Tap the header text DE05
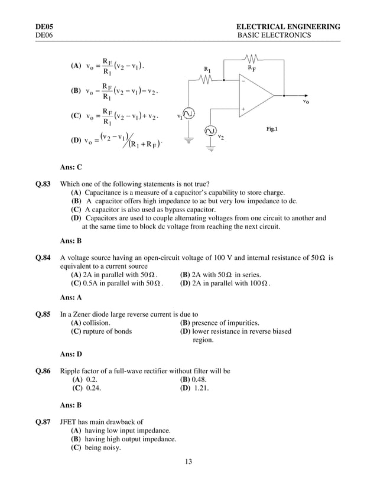[x=44, y=27]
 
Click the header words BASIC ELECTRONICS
[x=274, y=36]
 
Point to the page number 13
[x=188, y=461]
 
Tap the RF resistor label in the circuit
[x=253, y=69]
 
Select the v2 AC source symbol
[x=210, y=131]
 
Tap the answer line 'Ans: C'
[x=71, y=167]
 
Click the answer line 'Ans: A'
[x=71, y=298]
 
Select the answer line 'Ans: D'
[x=71, y=354]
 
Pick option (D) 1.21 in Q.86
[x=195, y=389]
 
